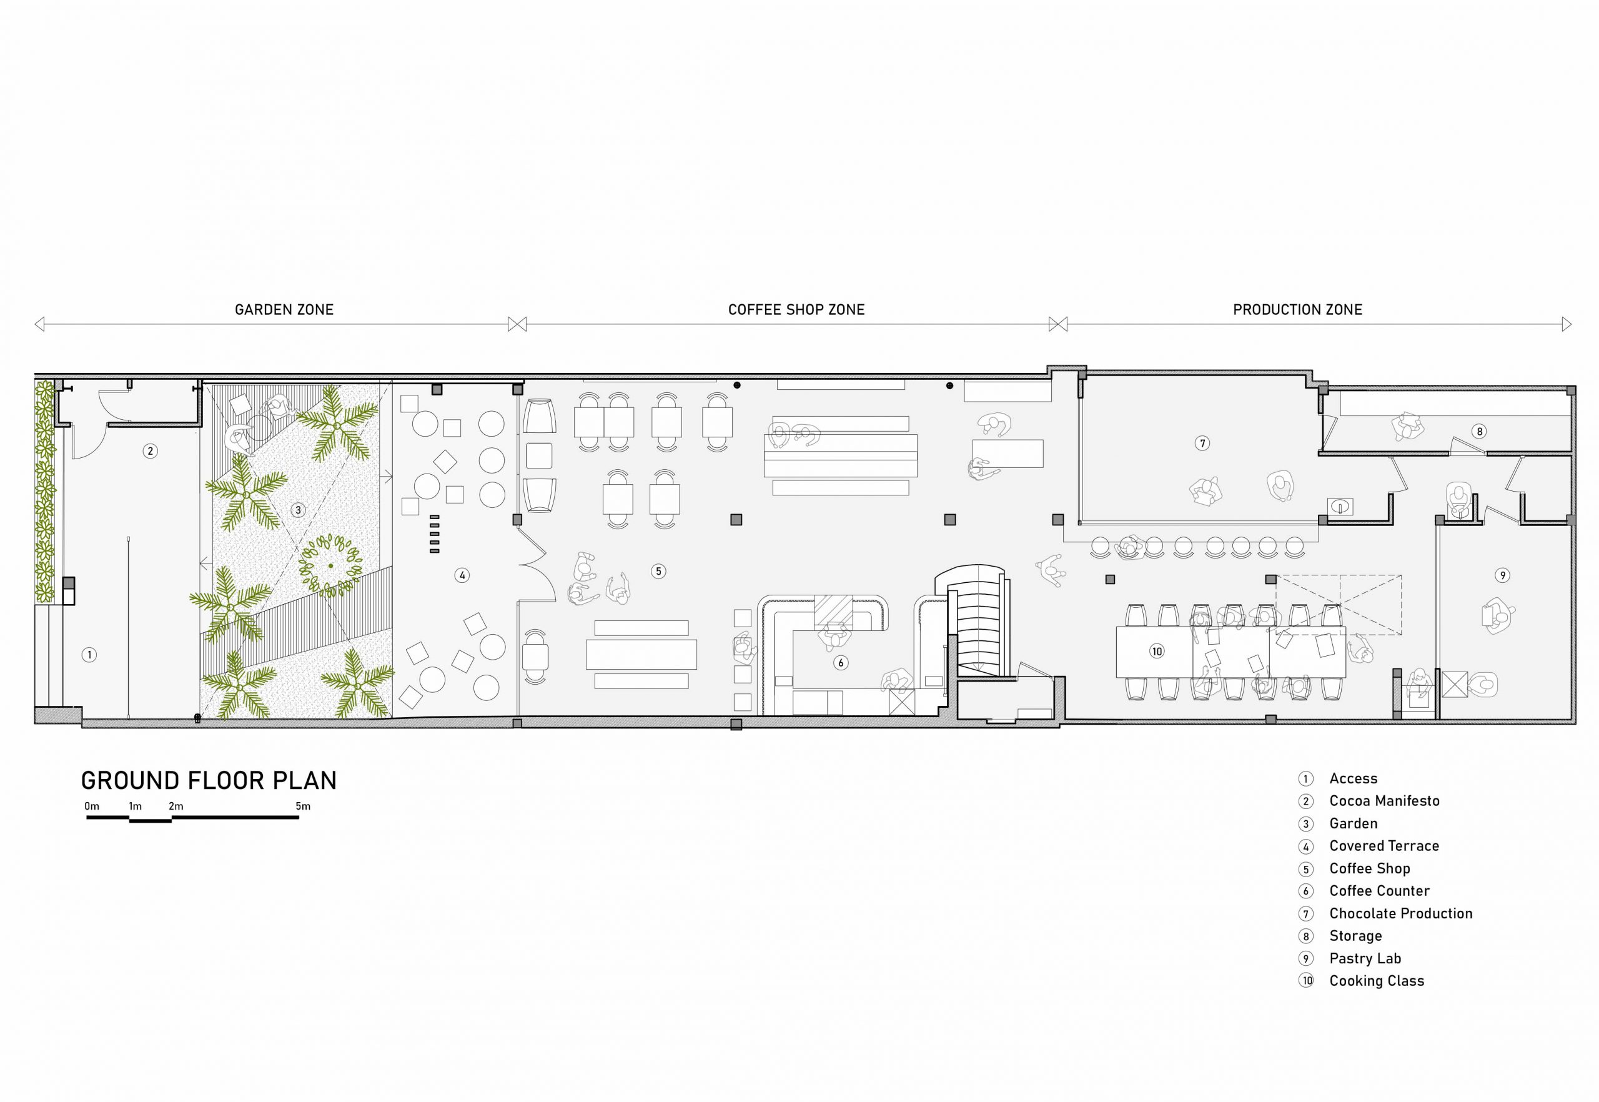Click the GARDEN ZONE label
tap(284, 310)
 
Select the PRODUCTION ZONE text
tap(1297, 310)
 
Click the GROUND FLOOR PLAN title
tap(209, 781)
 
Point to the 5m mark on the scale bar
tap(302, 806)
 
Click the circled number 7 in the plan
tap(1202, 444)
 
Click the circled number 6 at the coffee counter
tap(840, 663)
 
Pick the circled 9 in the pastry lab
tap(1502, 575)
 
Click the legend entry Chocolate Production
tap(1401, 913)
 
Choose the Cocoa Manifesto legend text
tap(1384, 801)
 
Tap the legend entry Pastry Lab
tap(1365, 958)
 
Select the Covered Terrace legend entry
tap(1384, 846)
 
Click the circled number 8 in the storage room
tap(1479, 432)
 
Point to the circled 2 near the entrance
tap(150, 452)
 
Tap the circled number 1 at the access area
tap(89, 655)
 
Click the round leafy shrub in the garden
tap(330, 565)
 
